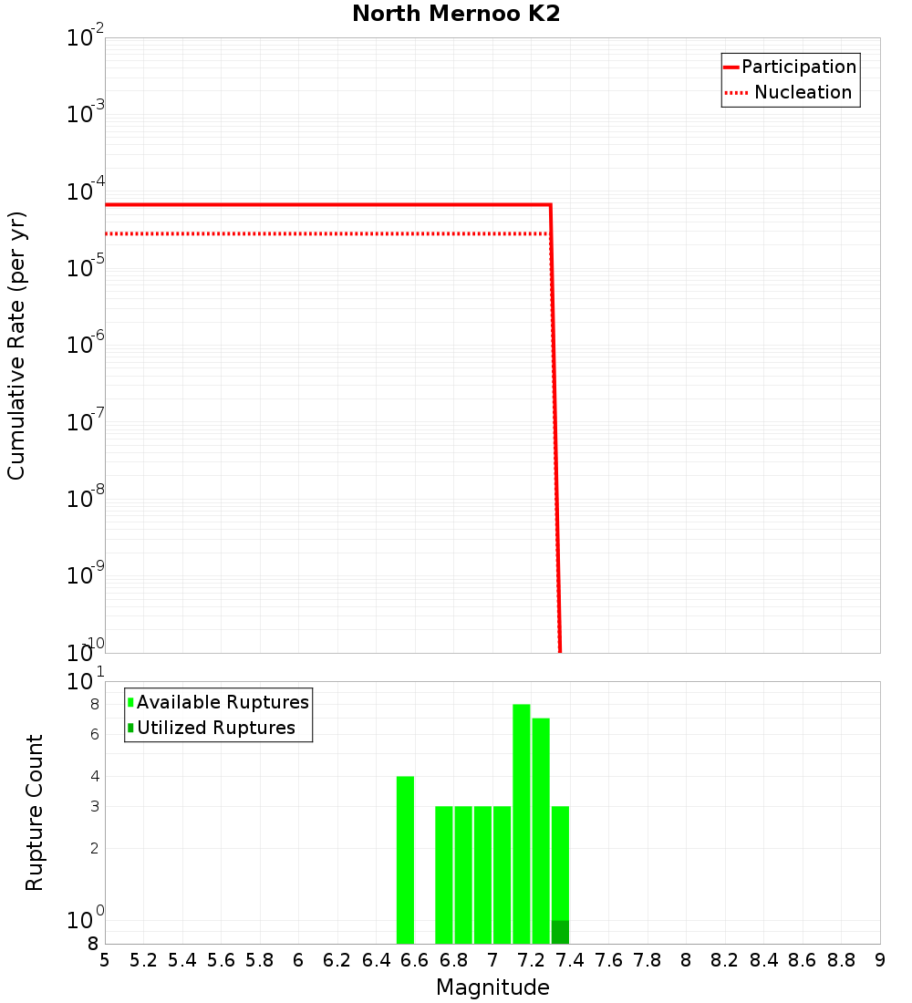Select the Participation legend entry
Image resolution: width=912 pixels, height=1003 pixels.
click(x=790, y=67)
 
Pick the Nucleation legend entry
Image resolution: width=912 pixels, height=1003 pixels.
click(x=790, y=93)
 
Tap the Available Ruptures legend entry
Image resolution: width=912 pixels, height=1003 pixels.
click(x=218, y=702)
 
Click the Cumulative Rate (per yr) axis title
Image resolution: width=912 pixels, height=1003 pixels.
click(x=16, y=345)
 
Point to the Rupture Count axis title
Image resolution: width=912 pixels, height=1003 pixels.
click(x=35, y=812)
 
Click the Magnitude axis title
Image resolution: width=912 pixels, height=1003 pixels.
click(x=492, y=987)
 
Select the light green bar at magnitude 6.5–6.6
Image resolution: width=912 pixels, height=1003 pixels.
click(x=405, y=860)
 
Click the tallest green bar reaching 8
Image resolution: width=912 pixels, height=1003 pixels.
click(x=522, y=823)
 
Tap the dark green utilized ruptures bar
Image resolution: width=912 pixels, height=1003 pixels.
click(x=560, y=932)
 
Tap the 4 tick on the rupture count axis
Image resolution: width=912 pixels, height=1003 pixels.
click(x=93, y=776)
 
